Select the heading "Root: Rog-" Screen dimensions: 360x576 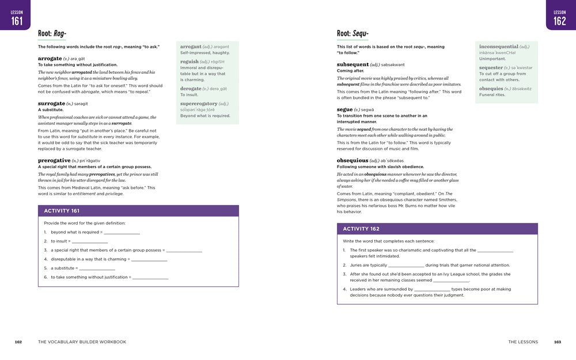click(x=52, y=33)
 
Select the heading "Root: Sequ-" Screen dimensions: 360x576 click(x=353, y=33)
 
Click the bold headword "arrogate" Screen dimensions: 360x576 click(x=50, y=58)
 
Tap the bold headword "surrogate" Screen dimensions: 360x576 click(x=51, y=103)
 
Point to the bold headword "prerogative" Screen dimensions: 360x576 click(x=54, y=160)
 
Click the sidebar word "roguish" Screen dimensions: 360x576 click(x=190, y=62)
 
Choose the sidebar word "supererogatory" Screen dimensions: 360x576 click(x=199, y=104)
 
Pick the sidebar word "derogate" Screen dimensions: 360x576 click(x=190, y=89)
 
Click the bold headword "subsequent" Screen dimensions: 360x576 click(x=353, y=65)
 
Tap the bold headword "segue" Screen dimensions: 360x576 click(x=344, y=109)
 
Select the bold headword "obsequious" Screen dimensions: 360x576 click(x=352, y=160)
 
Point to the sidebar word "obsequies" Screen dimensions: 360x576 click(x=491, y=89)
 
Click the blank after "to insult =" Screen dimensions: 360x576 click(x=89, y=241)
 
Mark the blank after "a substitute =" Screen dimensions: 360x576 click(x=97, y=268)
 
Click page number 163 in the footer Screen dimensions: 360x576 click(x=557, y=342)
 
